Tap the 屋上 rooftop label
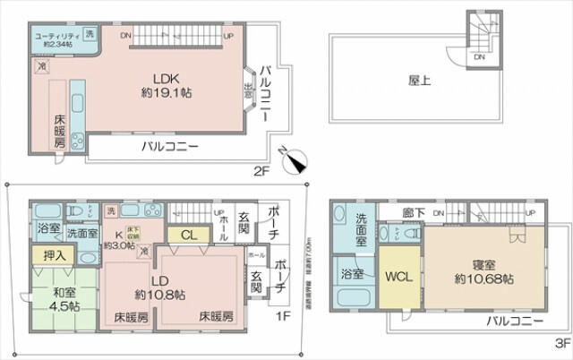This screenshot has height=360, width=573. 420,80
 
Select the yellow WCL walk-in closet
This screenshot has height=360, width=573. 398,277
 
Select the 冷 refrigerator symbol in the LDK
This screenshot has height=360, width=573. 41,65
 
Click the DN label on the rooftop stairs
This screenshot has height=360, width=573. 480,56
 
